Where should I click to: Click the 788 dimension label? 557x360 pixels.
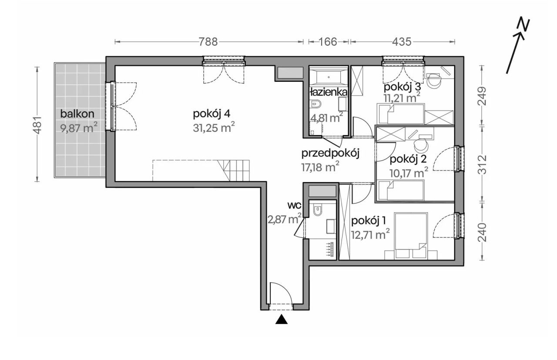point(208,42)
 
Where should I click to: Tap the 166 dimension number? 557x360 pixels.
point(328,42)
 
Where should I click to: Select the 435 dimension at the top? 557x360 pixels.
point(402,42)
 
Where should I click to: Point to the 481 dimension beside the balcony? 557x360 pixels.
point(38,125)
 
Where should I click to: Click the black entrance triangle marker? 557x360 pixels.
point(282,319)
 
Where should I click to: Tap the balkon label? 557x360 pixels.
point(77,114)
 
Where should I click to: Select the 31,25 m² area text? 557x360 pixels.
point(214,128)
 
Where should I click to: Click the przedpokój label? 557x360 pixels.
point(330,154)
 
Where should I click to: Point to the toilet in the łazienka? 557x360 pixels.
point(316,104)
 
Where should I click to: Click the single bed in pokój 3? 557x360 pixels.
point(401,114)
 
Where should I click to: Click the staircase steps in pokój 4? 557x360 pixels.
point(234,170)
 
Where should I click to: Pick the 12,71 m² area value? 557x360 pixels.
point(370,234)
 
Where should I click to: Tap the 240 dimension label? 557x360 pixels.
point(482,232)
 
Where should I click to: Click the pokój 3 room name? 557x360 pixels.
point(403,87)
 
